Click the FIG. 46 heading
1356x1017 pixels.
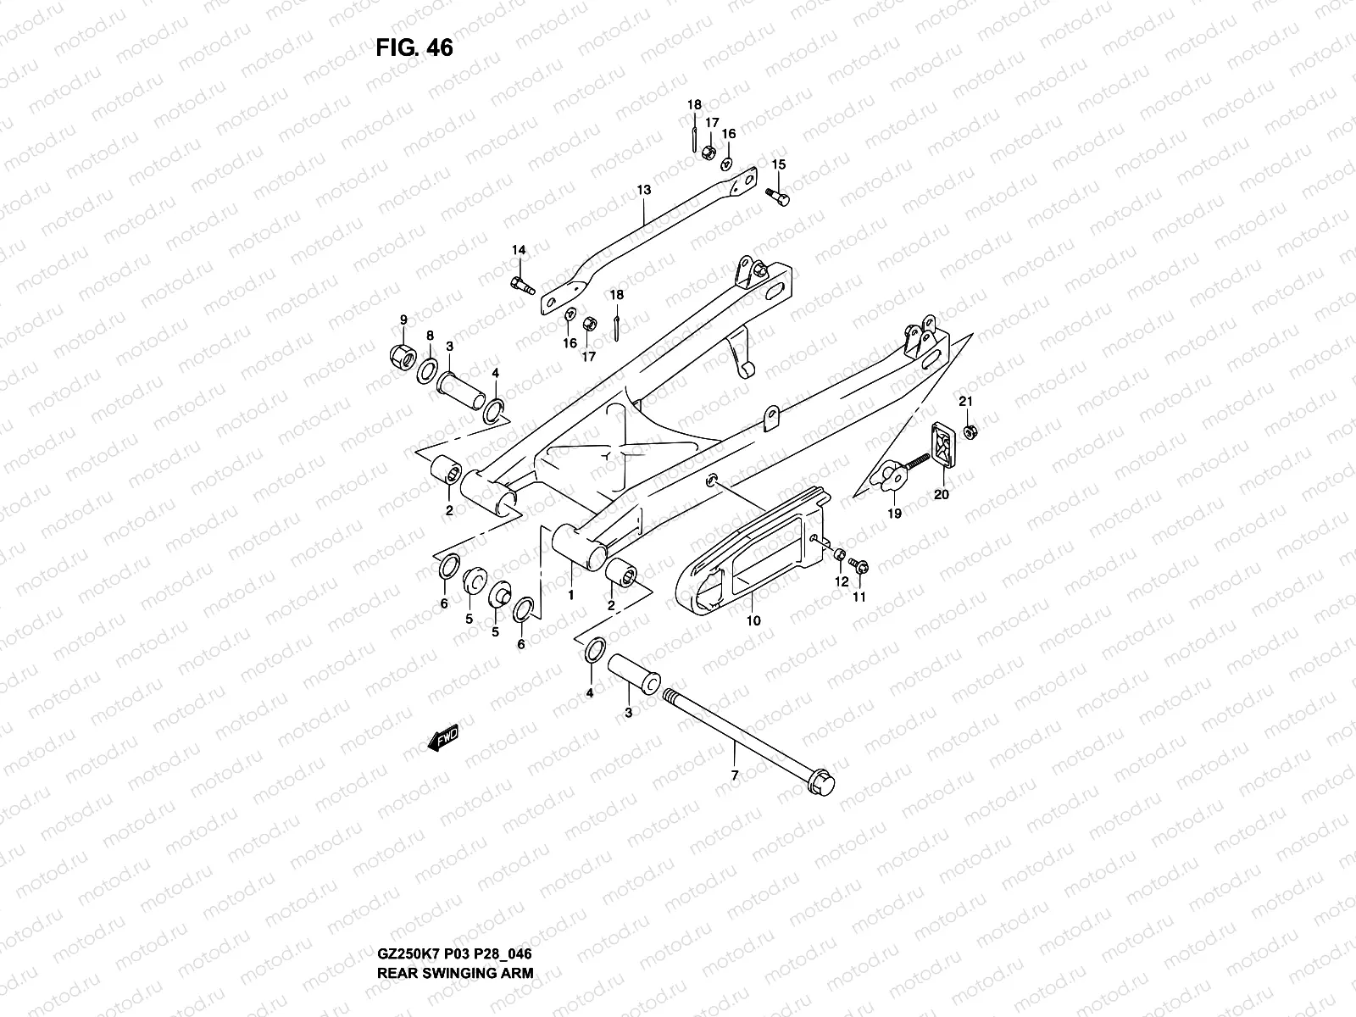(414, 48)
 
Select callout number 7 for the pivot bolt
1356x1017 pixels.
(735, 775)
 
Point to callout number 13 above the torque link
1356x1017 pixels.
(644, 190)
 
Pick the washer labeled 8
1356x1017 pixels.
(429, 368)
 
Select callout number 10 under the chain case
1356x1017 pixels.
(753, 620)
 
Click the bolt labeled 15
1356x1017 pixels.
(778, 196)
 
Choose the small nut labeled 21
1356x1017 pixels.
(971, 431)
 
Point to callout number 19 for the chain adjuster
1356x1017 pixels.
(894, 513)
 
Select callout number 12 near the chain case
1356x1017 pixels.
(842, 581)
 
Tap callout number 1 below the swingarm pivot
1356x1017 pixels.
(571, 595)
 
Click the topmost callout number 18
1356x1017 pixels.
(694, 105)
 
